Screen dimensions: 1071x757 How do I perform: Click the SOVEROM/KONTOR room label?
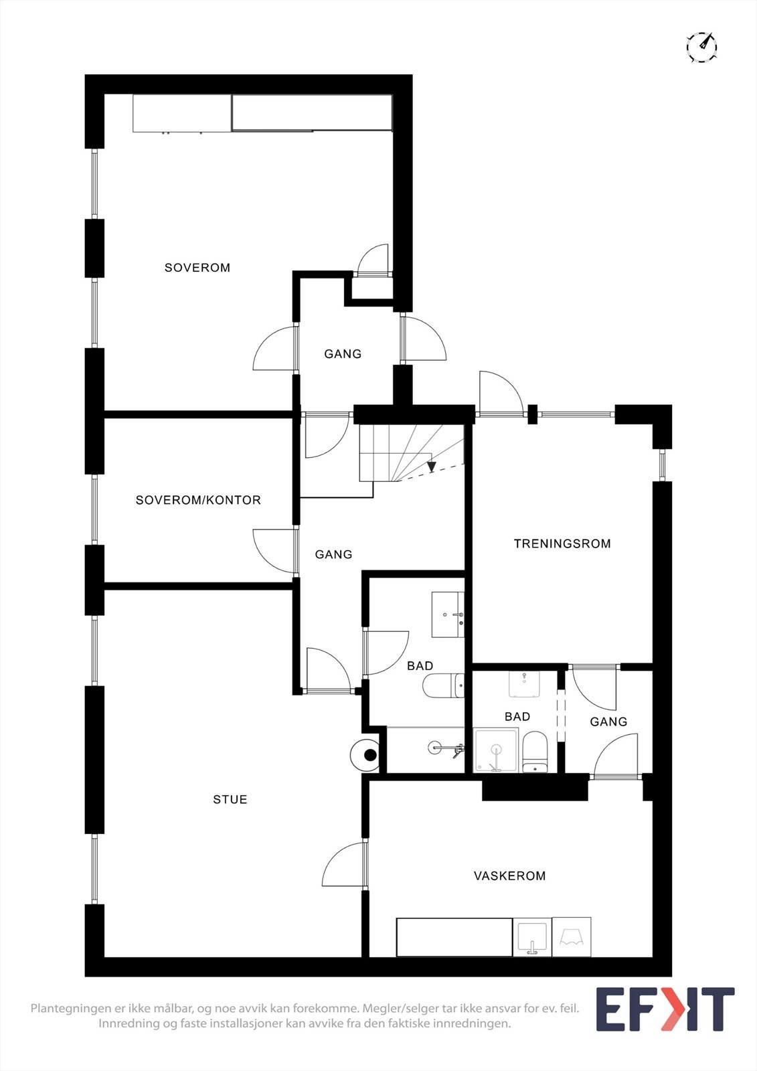pos(198,500)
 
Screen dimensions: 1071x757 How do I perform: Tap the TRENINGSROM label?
pos(562,544)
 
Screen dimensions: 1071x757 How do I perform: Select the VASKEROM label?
pos(509,876)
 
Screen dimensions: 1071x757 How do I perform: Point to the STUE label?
pos(230,799)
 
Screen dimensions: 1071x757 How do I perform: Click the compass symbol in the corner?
pos(702,47)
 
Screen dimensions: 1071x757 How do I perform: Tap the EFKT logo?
pos(665,1009)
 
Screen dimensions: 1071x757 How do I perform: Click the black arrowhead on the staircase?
pos(432,467)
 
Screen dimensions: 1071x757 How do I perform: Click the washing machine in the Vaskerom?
pos(572,936)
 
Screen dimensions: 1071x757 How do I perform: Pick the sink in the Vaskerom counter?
pos(533,936)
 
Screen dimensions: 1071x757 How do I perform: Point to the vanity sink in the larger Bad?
pos(448,614)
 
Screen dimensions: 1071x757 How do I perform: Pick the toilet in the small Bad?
pos(535,752)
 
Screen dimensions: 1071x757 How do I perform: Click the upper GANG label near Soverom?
pos(343,353)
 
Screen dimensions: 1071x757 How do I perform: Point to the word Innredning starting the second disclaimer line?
pos(129,1023)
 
